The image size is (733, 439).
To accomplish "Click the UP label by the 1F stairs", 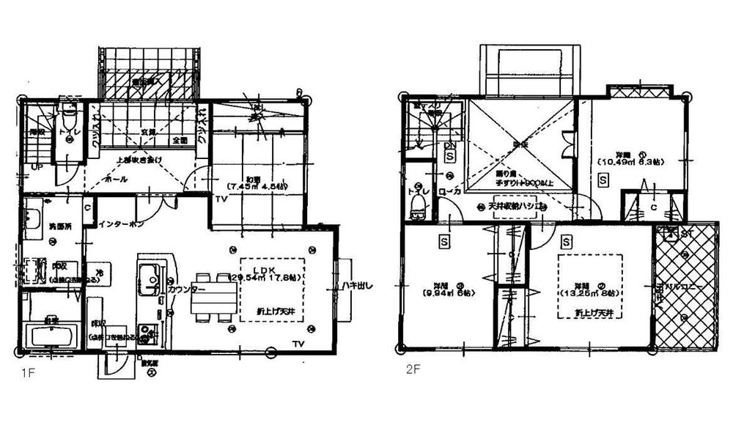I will (36, 168).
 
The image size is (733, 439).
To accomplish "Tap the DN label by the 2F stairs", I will (449, 146).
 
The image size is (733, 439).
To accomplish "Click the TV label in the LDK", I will (298, 344).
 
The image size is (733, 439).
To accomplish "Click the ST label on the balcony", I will (688, 234).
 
